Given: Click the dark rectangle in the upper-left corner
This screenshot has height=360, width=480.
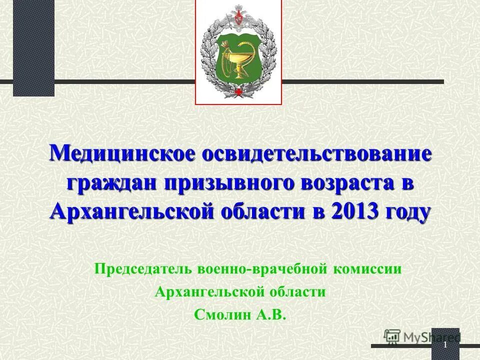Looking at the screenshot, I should point(33,47).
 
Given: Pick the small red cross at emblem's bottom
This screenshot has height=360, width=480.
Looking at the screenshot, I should point(238,92).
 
